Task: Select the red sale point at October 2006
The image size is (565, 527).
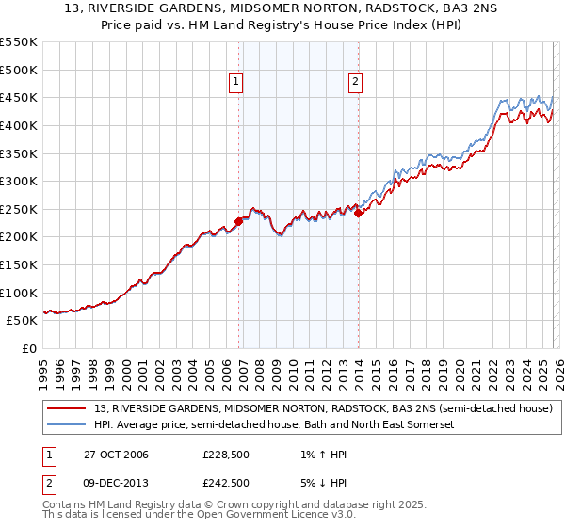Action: (x=239, y=221)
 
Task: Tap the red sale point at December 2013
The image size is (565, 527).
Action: (x=358, y=214)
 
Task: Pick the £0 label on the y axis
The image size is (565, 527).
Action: (x=30, y=348)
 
